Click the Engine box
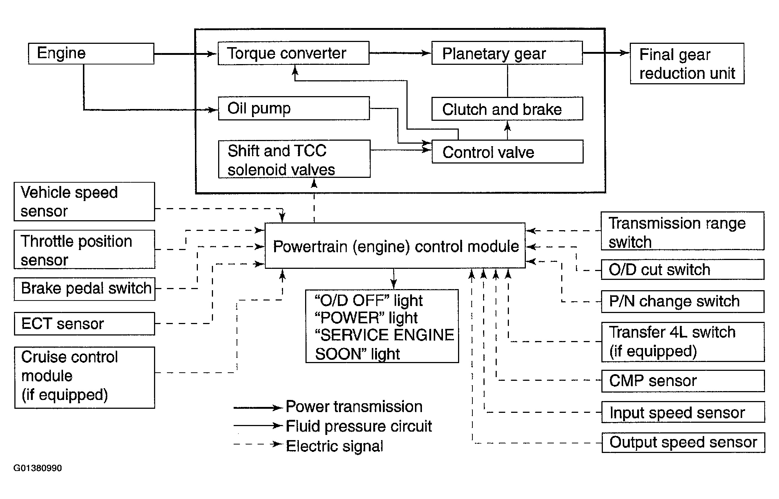point(91,54)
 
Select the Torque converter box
point(293,53)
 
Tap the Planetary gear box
point(507,53)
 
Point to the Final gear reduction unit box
point(687,64)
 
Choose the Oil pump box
point(294,108)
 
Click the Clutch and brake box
point(507,109)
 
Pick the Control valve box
point(507,152)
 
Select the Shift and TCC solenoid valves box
point(294,159)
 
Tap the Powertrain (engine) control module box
point(395,246)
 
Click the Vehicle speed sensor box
point(84,202)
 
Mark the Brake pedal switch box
point(84,289)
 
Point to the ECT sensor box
point(84,324)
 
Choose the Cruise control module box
point(85,377)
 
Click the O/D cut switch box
point(682,270)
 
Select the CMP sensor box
point(683,381)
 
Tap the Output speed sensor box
point(683,443)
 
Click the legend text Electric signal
point(335,446)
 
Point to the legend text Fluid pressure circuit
point(359,426)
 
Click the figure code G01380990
point(38,468)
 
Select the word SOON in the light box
point(338,354)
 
